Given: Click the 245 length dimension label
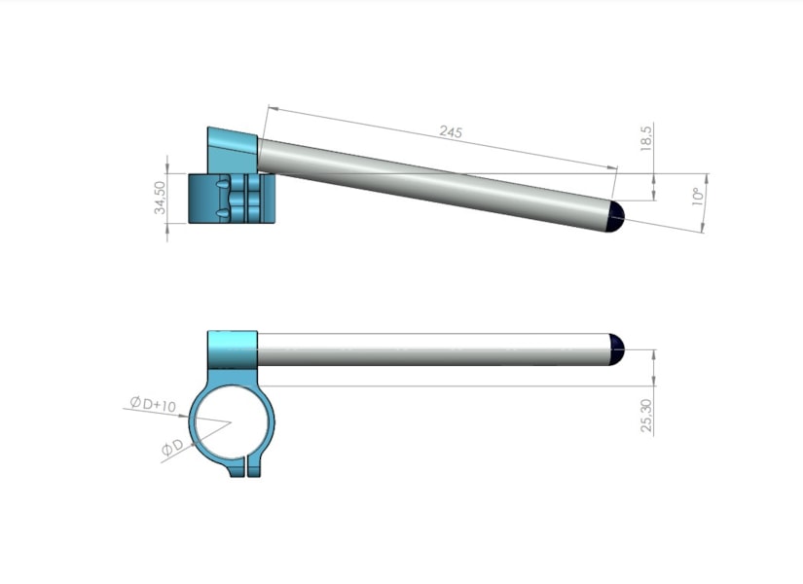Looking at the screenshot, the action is click(x=451, y=131).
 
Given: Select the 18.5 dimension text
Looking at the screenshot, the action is click(x=646, y=138).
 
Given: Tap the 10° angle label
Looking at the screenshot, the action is click(x=697, y=197).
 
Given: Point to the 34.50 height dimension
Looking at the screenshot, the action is click(x=160, y=198).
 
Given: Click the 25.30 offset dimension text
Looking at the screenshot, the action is click(x=646, y=416).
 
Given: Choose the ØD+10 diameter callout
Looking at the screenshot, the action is click(x=153, y=404).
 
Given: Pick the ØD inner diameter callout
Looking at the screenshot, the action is click(x=172, y=447).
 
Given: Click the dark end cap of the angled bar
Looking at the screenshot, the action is click(x=615, y=216).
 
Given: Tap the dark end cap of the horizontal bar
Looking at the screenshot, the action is click(x=616, y=349).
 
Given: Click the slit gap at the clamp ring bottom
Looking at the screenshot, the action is click(x=246, y=467).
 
